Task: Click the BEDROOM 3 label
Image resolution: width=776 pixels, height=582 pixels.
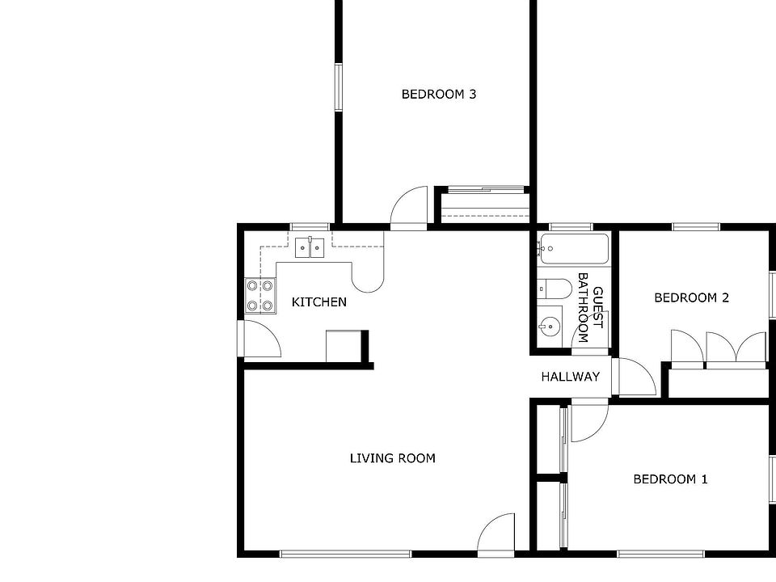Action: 438,95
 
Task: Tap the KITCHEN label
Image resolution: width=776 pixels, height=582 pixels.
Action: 318,302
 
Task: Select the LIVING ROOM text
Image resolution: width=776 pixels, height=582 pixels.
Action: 392,458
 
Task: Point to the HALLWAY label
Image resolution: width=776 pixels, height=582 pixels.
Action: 570,377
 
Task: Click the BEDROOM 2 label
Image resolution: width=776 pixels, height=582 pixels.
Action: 691,298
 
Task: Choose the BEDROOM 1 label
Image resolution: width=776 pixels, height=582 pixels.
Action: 670,479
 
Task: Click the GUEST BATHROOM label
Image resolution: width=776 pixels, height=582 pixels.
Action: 590,314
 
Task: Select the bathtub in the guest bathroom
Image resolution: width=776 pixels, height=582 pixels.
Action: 573,249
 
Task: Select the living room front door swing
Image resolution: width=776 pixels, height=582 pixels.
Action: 496,535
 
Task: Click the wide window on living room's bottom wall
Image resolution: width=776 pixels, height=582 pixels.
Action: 345,554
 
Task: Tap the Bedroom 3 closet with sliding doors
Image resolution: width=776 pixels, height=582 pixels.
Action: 483,206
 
